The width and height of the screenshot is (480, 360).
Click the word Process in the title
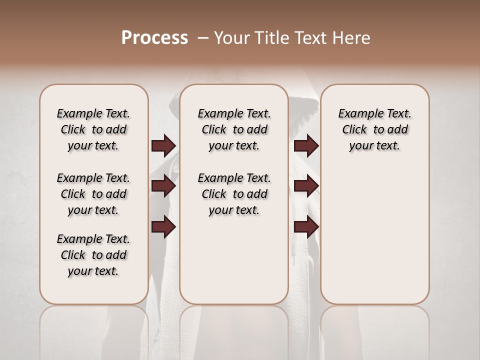point(154,38)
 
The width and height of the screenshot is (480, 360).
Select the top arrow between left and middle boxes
point(163,146)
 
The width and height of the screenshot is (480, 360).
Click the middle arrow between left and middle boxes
point(163,186)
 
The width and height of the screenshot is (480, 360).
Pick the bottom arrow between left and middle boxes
point(163,227)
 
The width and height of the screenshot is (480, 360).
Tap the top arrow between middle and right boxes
point(306,146)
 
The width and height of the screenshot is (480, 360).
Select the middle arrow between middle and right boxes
point(306,186)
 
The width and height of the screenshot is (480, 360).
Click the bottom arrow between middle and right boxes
point(306,227)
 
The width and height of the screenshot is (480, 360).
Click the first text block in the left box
point(93,129)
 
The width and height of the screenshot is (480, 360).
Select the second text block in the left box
point(93,194)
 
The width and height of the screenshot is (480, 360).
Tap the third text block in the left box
point(93,255)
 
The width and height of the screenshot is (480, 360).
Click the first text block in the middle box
point(234,129)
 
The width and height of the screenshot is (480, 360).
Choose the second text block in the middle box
point(234,194)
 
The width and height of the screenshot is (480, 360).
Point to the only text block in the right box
point(374,129)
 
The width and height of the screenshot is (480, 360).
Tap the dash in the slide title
point(203,38)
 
